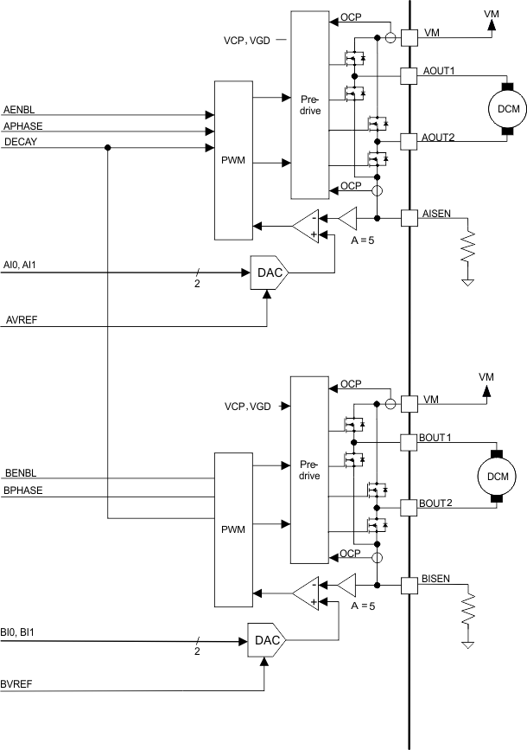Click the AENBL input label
pyautogui.click(x=19, y=111)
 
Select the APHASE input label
pyautogui.click(x=22, y=125)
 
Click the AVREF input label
pyautogui.click(x=21, y=319)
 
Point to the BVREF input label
pyautogui.click(x=21, y=684)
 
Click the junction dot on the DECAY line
pyautogui.click(x=107, y=148)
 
